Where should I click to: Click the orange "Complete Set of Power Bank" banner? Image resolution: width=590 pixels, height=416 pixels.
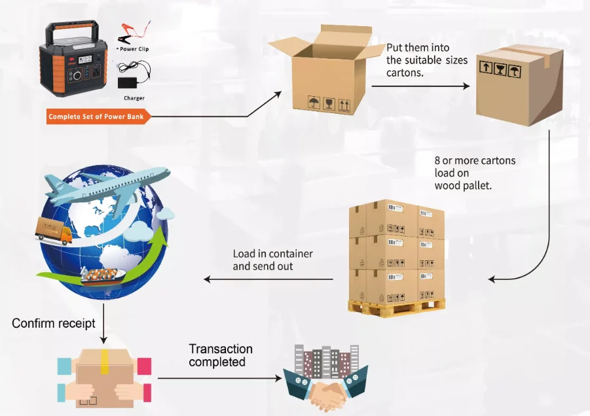tap(98, 117)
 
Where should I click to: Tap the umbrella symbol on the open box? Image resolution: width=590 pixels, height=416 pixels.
tap(312, 103)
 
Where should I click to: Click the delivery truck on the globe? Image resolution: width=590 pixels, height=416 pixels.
tap(54, 231)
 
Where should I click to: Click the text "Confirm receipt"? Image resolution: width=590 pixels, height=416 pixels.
tap(54, 323)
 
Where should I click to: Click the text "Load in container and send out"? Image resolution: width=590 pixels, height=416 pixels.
tap(272, 260)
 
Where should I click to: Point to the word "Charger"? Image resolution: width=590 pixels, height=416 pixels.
tap(134, 98)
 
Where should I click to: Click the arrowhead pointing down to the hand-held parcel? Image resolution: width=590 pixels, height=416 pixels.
tap(104, 341)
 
